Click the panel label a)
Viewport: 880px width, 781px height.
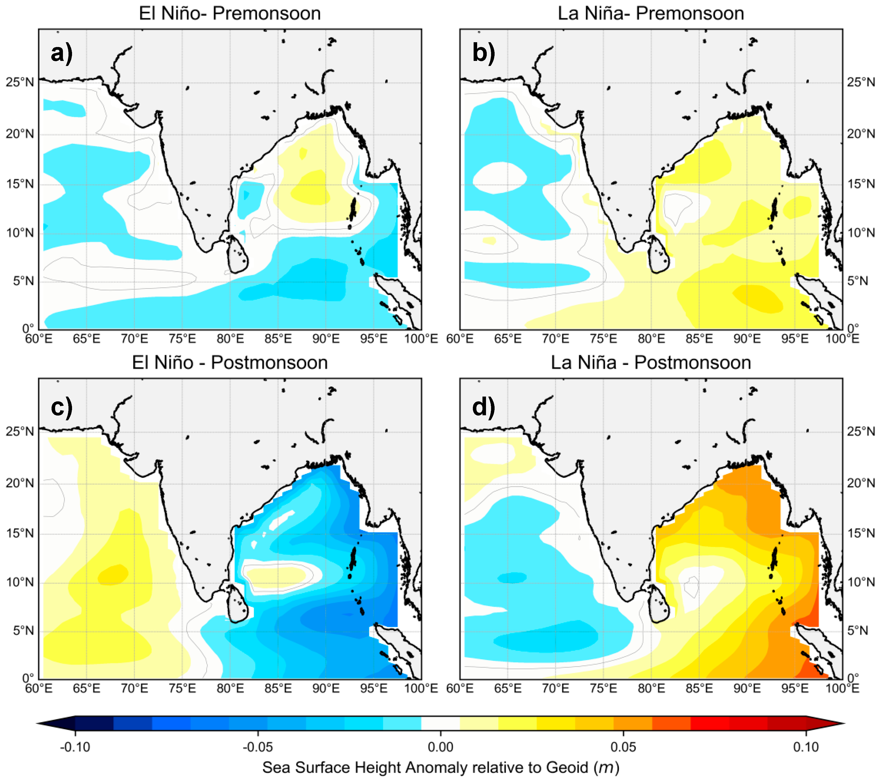coord(62,53)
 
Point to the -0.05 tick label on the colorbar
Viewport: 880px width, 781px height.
coord(258,747)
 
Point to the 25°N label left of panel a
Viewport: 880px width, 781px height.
coord(19,82)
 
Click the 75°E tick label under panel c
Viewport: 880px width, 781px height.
coord(182,688)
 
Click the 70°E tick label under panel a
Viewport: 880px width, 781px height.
coord(134,339)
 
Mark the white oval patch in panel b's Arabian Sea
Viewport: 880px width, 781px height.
coord(499,177)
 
